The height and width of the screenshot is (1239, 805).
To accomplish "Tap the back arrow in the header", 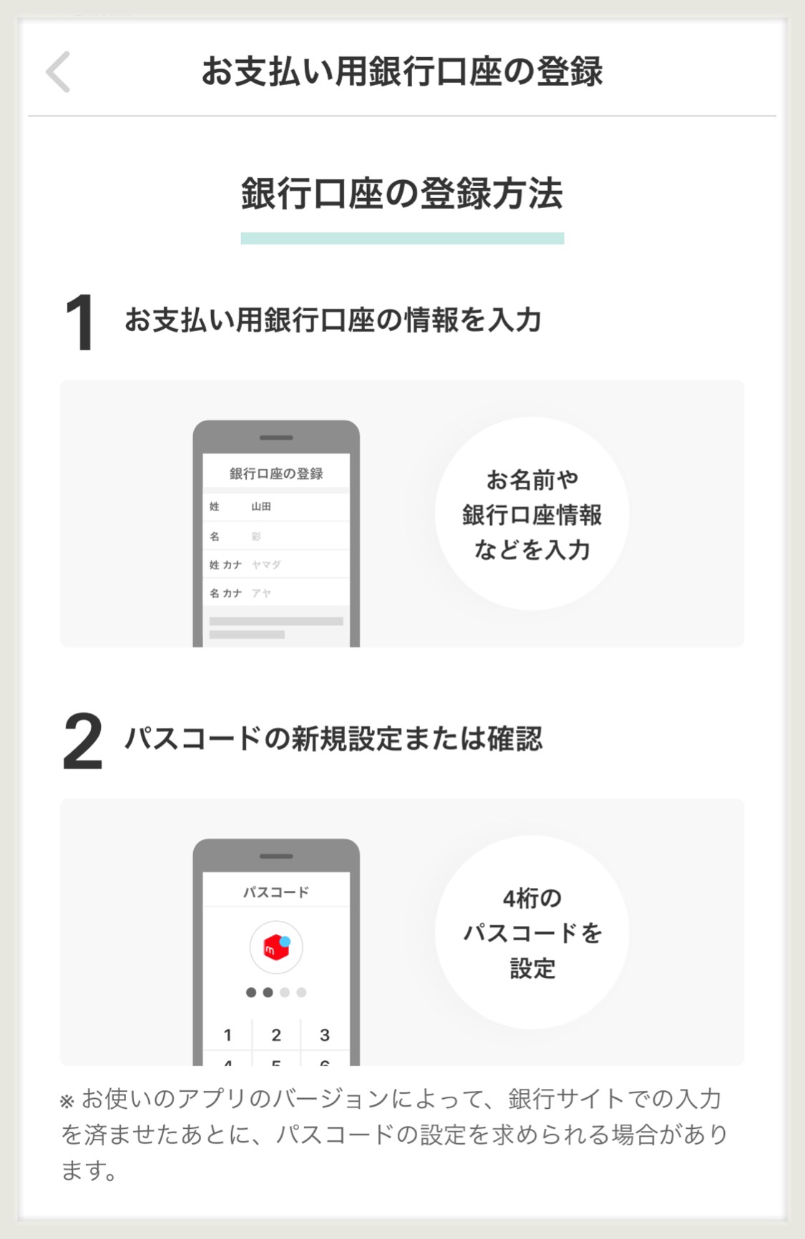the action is coord(58,71).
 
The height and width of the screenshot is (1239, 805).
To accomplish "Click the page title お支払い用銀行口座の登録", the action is coord(402,71).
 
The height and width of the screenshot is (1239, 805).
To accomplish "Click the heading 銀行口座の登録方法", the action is coord(402,194).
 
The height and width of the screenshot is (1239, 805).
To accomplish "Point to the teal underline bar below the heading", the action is coord(402,238).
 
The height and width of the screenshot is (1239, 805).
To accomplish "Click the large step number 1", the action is coord(79,322).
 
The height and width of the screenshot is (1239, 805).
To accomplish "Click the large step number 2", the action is coord(83,741).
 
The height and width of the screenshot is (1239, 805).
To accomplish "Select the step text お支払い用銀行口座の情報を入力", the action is coord(333,320).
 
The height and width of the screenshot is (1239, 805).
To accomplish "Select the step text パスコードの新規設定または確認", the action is coord(334,739).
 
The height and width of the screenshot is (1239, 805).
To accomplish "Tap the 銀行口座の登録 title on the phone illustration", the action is coord(276,473).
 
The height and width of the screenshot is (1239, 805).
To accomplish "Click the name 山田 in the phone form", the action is coord(261,506).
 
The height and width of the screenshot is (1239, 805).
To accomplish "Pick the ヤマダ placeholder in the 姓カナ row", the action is coord(266,565).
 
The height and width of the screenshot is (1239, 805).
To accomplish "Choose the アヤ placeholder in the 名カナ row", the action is coord(261,593).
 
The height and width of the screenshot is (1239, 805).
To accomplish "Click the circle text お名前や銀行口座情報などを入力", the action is coord(532,515).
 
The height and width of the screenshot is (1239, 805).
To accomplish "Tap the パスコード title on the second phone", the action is coord(276,892).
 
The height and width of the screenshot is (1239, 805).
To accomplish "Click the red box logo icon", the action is coord(276,947).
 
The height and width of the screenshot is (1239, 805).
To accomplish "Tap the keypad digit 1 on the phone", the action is coord(228,1035).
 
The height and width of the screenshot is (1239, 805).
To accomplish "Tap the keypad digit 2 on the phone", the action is coord(276,1035).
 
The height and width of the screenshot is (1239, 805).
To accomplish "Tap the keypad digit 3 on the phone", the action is coord(325,1035).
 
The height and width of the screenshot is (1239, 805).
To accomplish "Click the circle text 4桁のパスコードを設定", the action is coord(532,933).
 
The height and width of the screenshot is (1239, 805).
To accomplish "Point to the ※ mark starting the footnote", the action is coord(67,1102).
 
